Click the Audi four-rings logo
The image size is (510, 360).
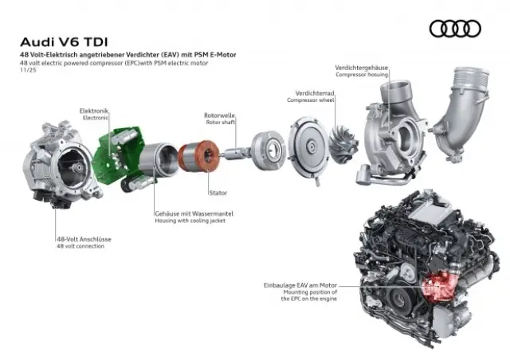(x=455, y=29)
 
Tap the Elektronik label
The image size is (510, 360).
(x=94, y=110)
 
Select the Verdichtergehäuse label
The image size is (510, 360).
(x=361, y=68)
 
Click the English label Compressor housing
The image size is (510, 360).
(x=363, y=75)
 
